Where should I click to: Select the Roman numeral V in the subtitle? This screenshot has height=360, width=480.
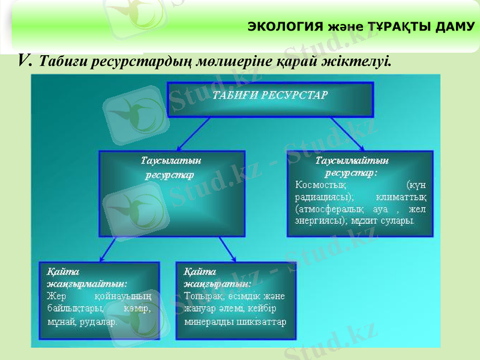(25, 59)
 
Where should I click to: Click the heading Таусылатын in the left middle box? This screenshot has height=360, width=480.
(170, 161)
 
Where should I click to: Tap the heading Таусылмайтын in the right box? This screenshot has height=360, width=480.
(352, 161)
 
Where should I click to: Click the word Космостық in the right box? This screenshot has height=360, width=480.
(320, 184)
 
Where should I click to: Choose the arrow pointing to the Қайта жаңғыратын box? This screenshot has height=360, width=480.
(227, 248)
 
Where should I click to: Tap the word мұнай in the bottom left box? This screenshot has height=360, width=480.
(61, 321)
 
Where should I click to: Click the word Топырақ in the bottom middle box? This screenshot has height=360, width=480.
(205, 296)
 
